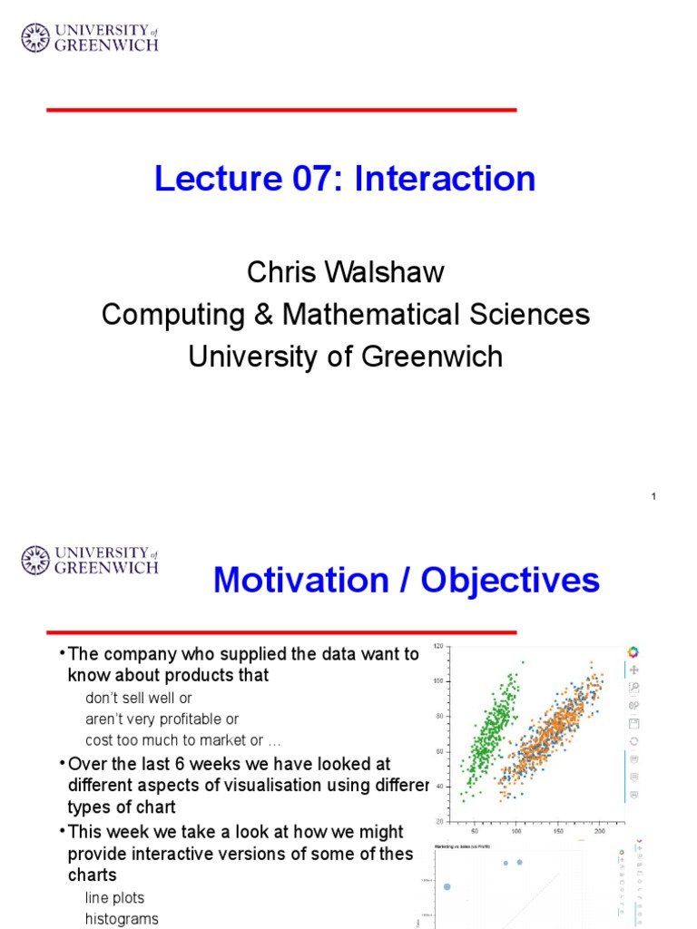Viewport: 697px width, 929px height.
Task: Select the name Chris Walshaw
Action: tap(345, 272)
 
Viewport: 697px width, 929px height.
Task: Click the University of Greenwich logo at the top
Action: tap(90, 37)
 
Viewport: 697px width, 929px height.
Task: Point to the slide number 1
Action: tap(653, 496)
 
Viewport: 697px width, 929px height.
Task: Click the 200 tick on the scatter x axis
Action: tap(600, 830)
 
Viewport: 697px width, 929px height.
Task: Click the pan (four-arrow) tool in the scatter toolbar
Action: tap(633, 670)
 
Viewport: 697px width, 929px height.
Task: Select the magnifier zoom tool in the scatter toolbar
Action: tap(633, 688)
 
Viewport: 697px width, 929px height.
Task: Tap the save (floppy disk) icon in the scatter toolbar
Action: tap(633, 723)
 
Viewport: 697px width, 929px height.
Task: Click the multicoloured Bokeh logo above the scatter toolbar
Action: tap(633, 651)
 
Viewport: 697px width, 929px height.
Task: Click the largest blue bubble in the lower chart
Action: tap(447, 886)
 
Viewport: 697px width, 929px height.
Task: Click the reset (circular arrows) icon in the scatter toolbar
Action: tap(633, 740)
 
